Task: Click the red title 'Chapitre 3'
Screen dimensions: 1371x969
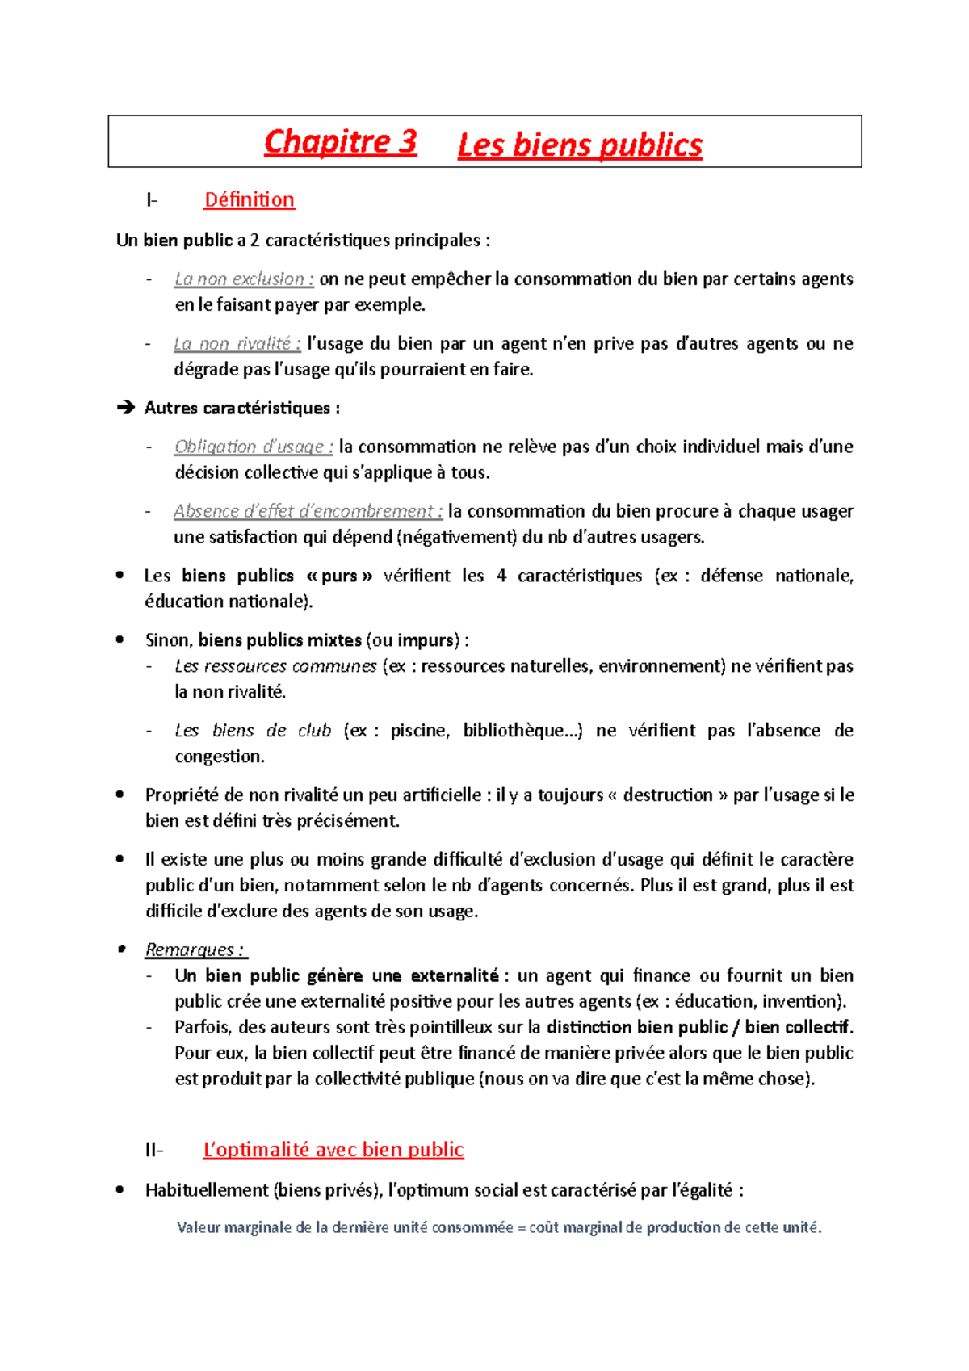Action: click(x=340, y=142)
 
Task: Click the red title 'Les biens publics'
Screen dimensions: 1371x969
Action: click(x=579, y=145)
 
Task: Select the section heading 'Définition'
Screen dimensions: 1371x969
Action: click(x=249, y=199)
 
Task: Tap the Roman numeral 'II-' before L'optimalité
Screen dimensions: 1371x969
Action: click(x=154, y=1150)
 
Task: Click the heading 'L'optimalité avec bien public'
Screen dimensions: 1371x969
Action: click(x=333, y=1149)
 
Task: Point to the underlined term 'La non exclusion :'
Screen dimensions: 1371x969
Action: click(x=244, y=279)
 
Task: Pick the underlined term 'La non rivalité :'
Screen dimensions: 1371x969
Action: click(x=237, y=344)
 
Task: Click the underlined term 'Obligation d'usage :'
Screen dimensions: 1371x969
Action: click(x=254, y=447)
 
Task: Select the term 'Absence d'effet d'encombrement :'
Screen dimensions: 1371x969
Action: click(x=308, y=512)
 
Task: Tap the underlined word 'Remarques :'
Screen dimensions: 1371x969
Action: click(x=195, y=950)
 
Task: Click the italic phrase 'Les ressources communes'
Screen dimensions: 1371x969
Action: click(x=275, y=666)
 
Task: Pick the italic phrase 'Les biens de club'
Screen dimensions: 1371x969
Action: click(x=253, y=731)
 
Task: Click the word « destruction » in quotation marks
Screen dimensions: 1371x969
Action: click(x=667, y=795)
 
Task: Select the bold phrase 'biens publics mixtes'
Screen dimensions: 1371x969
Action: click(x=280, y=640)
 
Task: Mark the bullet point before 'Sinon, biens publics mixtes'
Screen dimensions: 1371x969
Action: click(x=120, y=639)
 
